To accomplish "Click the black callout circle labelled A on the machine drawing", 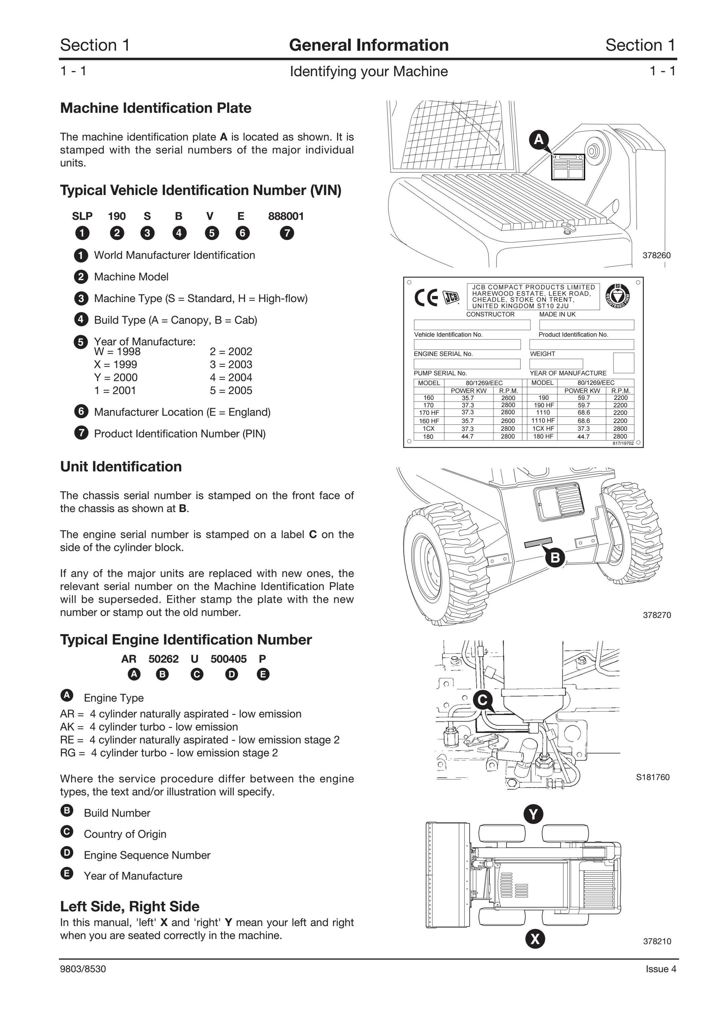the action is pyautogui.click(x=538, y=140).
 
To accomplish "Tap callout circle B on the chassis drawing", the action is pyautogui.click(x=555, y=558).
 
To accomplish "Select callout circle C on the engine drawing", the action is pyautogui.click(x=483, y=700).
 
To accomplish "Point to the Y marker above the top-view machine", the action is pyautogui.click(x=534, y=814).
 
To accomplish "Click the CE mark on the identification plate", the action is pyautogui.click(x=426, y=298).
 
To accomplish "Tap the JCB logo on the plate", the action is pyautogui.click(x=450, y=298).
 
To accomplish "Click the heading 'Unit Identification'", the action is pyautogui.click(x=121, y=466).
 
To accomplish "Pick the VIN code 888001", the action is pyautogui.click(x=286, y=216).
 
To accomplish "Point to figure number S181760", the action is pyautogui.click(x=653, y=777).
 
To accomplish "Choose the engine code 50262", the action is pyautogui.click(x=164, y=659).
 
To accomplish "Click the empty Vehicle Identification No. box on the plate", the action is pyautogui.click(x=472, y=325).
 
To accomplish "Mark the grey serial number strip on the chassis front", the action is pyautogui.click(x=538, y=542).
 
